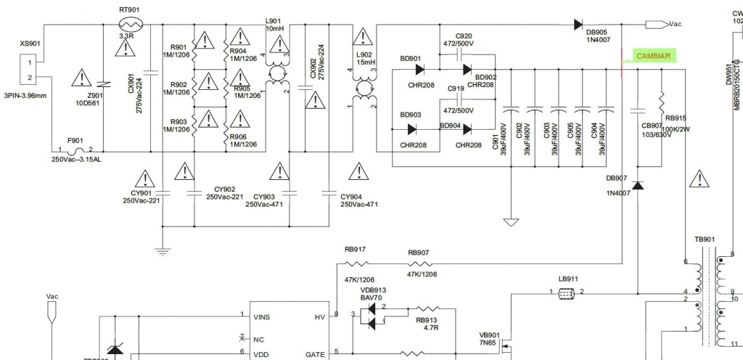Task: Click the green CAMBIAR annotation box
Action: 653,56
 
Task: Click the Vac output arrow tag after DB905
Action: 656,24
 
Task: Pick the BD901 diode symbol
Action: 420,70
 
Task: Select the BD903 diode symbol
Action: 411,129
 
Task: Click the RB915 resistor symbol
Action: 662,99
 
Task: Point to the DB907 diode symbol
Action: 637,185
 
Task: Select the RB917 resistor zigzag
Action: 356,263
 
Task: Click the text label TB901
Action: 704,239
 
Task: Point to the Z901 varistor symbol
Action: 105,84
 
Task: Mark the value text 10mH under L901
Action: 275,28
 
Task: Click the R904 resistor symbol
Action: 227,36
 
